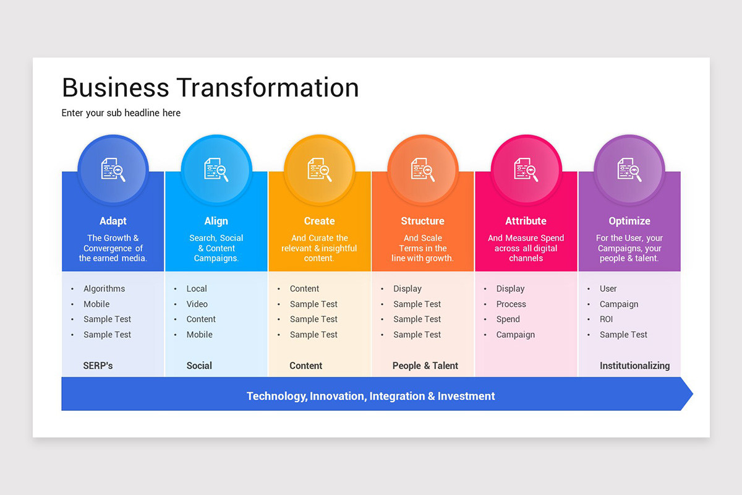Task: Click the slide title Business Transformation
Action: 210,88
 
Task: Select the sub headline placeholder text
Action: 121,113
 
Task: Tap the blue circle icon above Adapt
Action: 113,170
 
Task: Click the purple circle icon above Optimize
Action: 629,170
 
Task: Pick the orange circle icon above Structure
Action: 422,170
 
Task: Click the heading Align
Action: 216,221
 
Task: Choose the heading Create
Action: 319,221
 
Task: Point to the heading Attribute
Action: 526,221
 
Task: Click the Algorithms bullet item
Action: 104,289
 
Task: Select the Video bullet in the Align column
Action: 197,304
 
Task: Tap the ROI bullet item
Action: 606,319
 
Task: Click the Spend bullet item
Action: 508,319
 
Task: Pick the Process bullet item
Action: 511,304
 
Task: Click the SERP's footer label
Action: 98,366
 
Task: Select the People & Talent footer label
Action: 425,366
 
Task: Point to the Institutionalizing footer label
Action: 634,366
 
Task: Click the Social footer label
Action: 199,366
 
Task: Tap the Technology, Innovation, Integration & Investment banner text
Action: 370,396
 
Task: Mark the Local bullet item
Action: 197,289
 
